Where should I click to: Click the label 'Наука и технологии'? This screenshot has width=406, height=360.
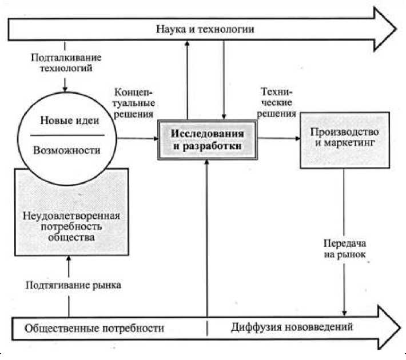click(204, 28)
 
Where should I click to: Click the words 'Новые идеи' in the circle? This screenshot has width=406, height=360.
click(67, 121)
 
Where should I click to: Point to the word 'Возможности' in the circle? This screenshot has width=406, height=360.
click(67, 150)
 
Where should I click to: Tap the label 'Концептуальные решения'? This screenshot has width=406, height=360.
click(135, 103)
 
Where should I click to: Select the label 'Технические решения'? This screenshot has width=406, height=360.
click(277, 102)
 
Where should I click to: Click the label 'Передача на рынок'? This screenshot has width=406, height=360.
click(343, 247)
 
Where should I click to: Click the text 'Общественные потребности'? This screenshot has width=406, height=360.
click(94, 329)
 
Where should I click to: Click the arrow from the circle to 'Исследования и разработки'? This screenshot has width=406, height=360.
click(137, 138)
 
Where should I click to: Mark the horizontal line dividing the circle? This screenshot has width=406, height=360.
click(67, 135)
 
